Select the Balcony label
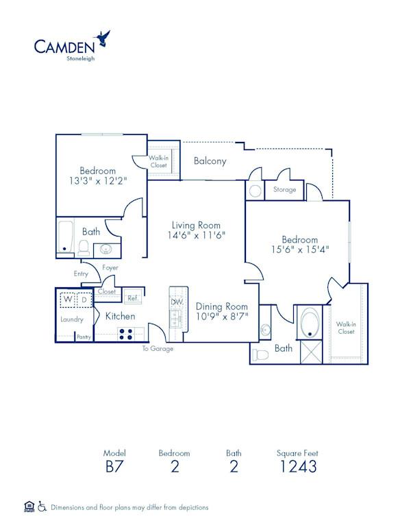pyautogui.click(x=210, y=161)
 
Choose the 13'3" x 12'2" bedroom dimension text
pyautogui.click(x=97, y=182)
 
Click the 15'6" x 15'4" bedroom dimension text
pyautogui.click(x=300, y=250)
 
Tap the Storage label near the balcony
pyautogui.click(x=284, y=189)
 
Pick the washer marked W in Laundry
pyautogui.click(x=68, y=300)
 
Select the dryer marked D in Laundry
pyautogui.click(x=84, y=300)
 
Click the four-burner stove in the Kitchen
pyautogui.click(x=127, y=334)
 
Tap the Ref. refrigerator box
pyautogui.click(x=132, y=298)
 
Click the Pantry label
pyautogui.click(x=84, y=337)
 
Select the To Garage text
pyautogui.click(x=158, y=349)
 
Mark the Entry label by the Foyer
pyautogui.click(x=82, y=274)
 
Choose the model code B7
pyautogui.click(x=114, y=468)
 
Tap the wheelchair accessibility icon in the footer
pyautogui.click(x=42, y=507)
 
